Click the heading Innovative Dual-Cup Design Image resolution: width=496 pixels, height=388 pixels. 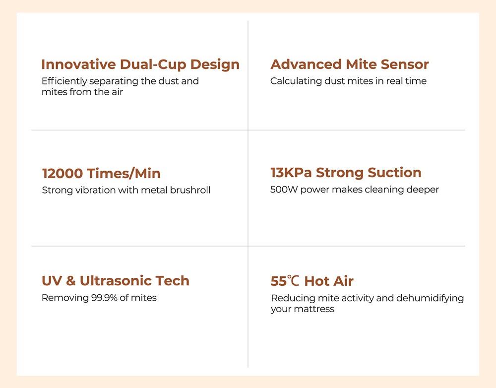140,65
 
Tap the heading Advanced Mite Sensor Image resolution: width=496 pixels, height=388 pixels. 349,65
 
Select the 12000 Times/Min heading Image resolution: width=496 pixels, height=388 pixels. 101,174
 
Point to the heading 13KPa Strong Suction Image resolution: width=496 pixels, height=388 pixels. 346,173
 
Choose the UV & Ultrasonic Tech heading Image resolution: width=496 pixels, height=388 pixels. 116,281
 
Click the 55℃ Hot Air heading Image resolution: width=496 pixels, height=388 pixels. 312,281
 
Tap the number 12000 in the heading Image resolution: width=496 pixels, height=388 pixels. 62,174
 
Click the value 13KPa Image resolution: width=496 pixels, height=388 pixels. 291,173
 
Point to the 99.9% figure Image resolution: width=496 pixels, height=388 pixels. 101,298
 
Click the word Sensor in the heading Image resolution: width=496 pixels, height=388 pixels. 405,65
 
